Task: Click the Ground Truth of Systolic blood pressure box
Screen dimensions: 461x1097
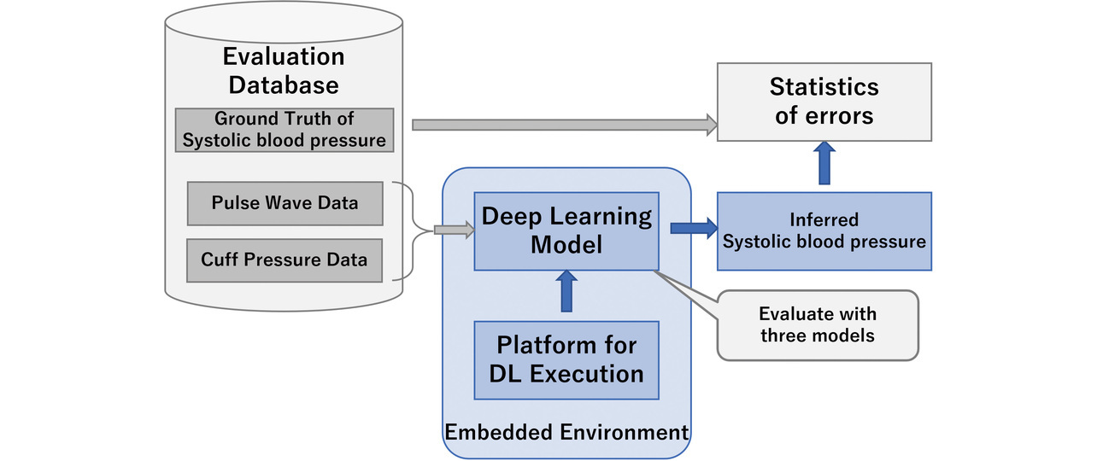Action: [284, 130]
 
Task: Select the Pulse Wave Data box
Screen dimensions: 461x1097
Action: [285, 204]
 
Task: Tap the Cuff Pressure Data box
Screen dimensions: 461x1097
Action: [285, 259]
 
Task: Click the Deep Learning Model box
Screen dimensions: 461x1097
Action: [566, 230]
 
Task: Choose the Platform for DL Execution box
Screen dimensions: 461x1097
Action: [566, 359]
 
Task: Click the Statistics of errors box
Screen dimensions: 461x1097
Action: [824, 102]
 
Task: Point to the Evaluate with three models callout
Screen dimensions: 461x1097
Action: [818, 324]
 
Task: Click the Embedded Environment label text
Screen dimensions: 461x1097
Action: [566, 432]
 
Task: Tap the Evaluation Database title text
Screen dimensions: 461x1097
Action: [284, 71]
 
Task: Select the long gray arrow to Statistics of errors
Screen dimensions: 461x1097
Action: [564, 125]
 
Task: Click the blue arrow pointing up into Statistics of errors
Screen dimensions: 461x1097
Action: [824, 163]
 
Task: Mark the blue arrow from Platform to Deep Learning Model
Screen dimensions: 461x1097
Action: [566, 292]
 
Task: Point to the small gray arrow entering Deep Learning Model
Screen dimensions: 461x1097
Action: [454, 230]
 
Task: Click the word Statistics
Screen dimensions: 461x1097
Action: [824, 87]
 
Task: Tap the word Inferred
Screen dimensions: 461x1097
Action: [824, 219]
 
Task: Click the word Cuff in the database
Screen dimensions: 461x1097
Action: [219, 259]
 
